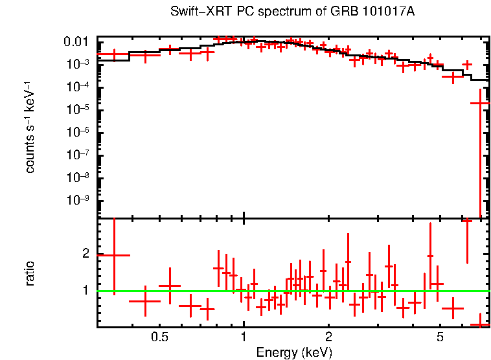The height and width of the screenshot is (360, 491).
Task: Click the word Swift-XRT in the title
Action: point(194,12)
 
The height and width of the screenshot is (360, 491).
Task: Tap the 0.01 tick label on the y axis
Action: point(77,43)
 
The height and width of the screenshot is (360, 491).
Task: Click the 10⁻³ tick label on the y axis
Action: point(77,65)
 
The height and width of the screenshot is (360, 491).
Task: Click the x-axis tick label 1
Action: point(244,337)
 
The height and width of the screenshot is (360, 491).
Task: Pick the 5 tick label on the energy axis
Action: point(440,337)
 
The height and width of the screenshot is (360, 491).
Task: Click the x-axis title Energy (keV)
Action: point(294,352)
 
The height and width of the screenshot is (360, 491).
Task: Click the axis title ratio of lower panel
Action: point(30,273)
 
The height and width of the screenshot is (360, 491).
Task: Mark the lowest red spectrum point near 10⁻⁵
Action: point(480,103)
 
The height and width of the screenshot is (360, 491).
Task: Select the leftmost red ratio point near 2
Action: point(114,255)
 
